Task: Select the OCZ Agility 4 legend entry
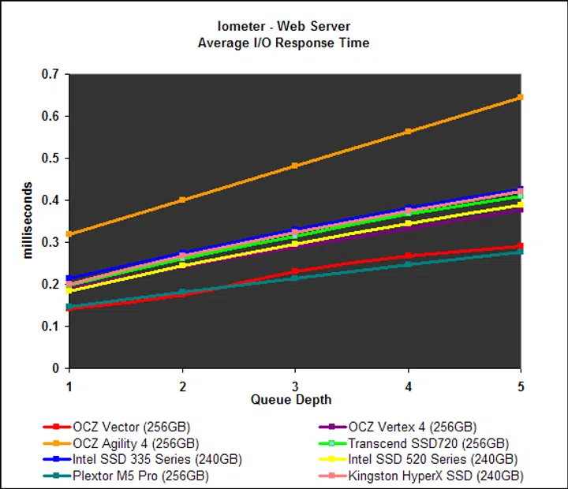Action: tap(135, 443)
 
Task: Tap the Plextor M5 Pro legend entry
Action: tap(140, 476)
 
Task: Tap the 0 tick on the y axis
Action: tap(57, 368)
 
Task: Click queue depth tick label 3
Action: tap(295, 386)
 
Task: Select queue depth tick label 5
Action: tap(521, 386)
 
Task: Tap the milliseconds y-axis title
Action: tap(28, 220)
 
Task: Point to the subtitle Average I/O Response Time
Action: tap(283, 43)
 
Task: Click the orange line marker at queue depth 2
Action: tap(182, 200)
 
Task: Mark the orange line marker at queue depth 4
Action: tap(408, 131)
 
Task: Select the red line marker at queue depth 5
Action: tap(521, 246)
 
